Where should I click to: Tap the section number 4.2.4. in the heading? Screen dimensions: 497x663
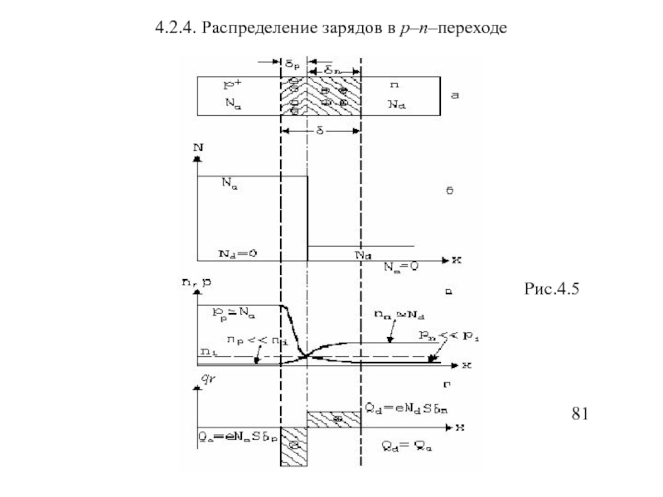(176, 30)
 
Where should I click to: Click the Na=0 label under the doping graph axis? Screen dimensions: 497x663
(403, 268)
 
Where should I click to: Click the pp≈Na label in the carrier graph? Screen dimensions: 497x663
(235, 313)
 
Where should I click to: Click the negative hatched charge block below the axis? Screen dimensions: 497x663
(293, 446)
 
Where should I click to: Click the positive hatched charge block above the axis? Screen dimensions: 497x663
(333, 419)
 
